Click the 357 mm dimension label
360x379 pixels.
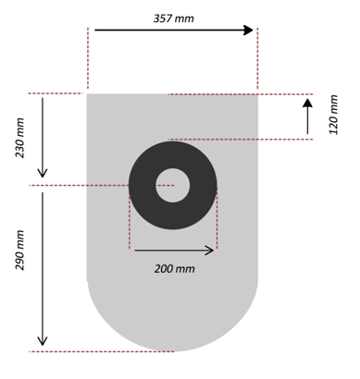174,17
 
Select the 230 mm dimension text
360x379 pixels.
20,137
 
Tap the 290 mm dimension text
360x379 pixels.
20,275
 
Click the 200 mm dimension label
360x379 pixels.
175,269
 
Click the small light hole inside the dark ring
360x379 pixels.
173,185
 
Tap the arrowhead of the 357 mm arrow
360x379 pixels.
248,30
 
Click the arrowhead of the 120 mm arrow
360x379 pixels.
307,103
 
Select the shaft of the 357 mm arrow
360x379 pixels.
167,30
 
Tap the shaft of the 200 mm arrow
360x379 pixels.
171,250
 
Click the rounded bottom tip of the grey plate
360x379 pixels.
173,349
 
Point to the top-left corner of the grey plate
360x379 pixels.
88,94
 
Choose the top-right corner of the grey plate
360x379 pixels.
257,94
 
